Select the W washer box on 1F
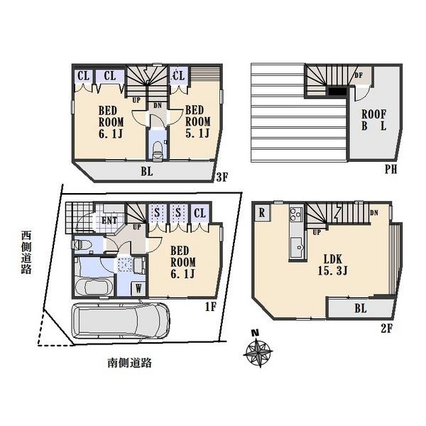(x=138, y=288)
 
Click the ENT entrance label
(x=109, y=220)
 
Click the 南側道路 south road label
(x=130, y=363)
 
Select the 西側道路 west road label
(x=26, y=251)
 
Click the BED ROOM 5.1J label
(x=197, y=123)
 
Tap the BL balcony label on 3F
(x=146, y=170)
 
